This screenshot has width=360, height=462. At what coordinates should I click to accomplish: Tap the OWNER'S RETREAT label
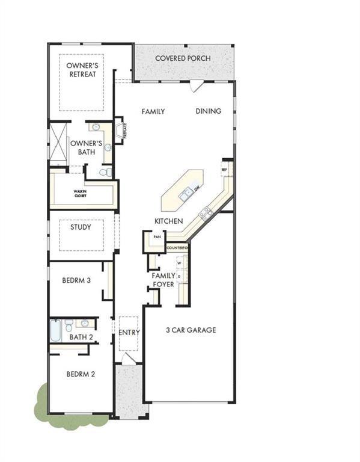point(81,70)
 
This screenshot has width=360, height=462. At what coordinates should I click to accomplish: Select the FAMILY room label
point(153,111)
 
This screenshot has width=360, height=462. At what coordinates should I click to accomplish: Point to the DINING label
point(208,111)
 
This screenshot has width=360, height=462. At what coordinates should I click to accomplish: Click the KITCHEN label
point(168,221)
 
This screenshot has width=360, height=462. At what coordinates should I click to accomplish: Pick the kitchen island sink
point(186,193)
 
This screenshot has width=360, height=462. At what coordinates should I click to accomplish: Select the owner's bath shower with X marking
point(58,143)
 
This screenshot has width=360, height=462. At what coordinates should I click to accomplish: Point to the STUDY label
point(81,227)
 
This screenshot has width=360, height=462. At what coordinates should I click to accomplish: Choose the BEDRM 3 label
point(76,280)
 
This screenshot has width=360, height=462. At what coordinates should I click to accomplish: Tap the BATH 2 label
point(81,337)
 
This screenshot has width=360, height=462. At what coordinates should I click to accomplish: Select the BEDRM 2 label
point(80,374)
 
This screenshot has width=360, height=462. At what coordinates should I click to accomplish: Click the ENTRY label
point(129,333)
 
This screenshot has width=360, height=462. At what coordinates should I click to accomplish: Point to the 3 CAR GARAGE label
point(191,330)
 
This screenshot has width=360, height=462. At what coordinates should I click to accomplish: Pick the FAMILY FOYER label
point(163,280)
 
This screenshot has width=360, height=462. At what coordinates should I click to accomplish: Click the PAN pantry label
point(157,237)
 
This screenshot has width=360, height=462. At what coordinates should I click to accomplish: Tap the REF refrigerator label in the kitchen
point(224,170)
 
